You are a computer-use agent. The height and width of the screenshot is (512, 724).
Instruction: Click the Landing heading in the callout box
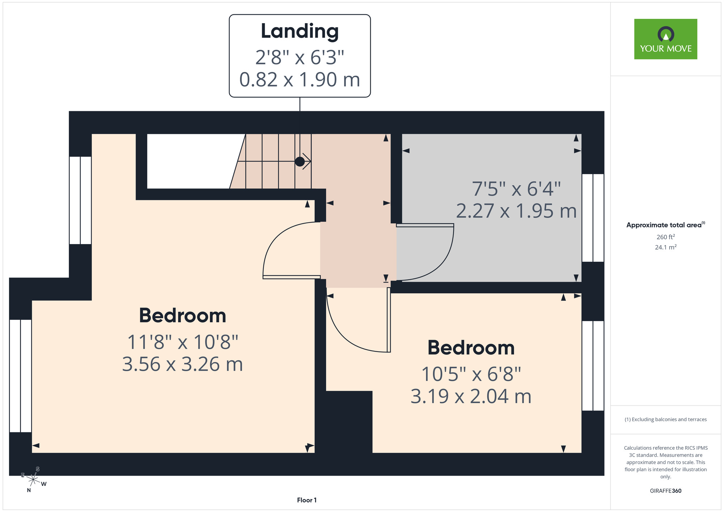[300, 32]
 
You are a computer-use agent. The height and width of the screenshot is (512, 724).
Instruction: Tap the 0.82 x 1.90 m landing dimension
[300, 80]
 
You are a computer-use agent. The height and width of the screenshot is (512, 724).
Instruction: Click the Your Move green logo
[665, 39]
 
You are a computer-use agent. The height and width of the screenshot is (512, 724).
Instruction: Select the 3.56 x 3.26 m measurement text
[182, 364]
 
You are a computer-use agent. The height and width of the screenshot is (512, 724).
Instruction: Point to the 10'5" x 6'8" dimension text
[471, 374]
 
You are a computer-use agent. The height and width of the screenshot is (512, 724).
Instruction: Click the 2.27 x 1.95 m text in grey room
[516, 211]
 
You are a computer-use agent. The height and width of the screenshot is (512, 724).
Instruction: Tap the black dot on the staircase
[300, 161]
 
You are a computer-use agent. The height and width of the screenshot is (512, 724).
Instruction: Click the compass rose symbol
[33, 480]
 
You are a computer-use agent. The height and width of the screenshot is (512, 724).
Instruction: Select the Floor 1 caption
[307, 500]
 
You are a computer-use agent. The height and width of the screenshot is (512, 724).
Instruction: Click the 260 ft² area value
[666, 237]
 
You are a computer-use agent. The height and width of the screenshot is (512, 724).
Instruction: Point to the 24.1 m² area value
[666, 247]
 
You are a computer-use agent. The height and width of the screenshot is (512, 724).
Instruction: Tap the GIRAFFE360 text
[666, 491]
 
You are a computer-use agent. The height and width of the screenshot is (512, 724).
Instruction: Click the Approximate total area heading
[666, 225]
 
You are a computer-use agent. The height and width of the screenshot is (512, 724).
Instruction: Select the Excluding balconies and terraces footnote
[666, 419]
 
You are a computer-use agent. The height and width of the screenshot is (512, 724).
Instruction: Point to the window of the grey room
[593, 218]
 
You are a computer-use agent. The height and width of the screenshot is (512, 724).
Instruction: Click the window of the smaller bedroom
[593, 366]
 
